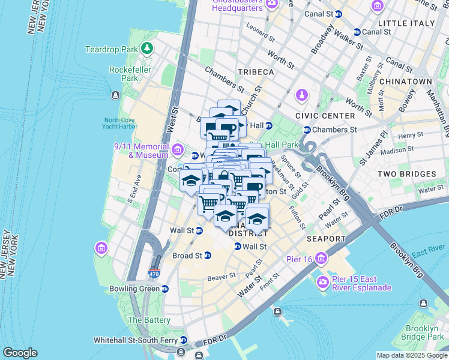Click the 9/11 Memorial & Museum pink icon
[177, 149]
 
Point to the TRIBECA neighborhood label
[255, 72]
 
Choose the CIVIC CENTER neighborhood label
[325, 116]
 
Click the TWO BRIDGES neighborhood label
[406, 174]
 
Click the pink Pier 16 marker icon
[322, 259]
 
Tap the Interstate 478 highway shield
[154, 274]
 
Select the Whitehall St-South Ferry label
[135, 340]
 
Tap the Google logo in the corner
[20, 353]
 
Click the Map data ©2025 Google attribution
[411, 355]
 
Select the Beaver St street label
[221, 277]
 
